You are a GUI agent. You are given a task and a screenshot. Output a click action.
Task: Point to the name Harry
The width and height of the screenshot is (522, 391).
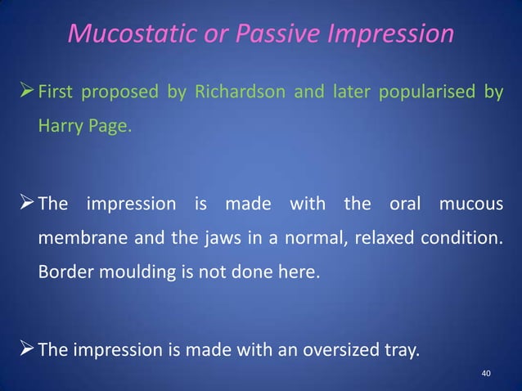click(56, 127)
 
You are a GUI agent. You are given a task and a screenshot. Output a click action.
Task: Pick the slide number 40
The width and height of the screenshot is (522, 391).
click(486, 374)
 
